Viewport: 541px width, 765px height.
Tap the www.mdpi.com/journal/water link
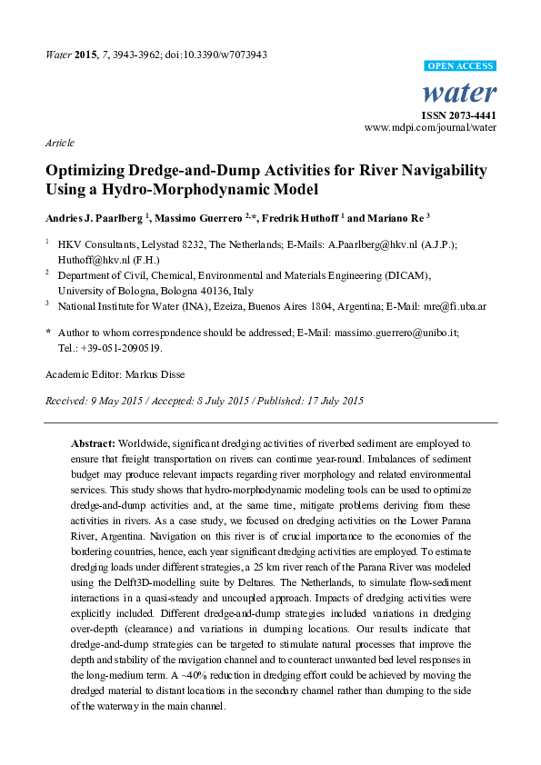pos(430,128)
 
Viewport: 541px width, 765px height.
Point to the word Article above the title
pos(59,143)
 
